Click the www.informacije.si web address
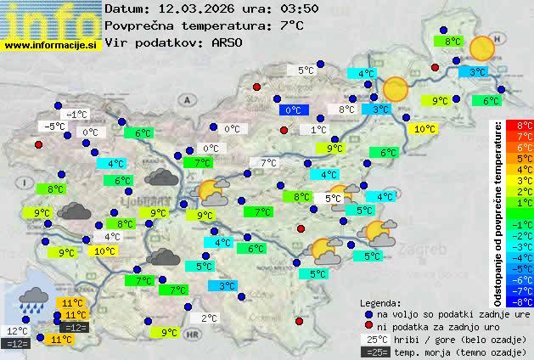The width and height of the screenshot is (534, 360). [x=51, y=46]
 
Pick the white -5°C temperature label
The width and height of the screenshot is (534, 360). [x=55, y=127]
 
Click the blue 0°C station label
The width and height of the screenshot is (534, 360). [x=293, y=110]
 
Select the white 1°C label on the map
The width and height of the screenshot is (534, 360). [x=318, y=130]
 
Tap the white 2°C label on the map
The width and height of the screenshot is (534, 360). [x=210, y=318]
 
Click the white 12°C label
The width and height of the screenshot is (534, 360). [x=17, y=331]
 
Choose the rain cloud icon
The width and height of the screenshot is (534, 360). [x=33, y=296]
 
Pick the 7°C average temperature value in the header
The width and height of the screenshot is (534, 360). [x=291, y=25]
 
